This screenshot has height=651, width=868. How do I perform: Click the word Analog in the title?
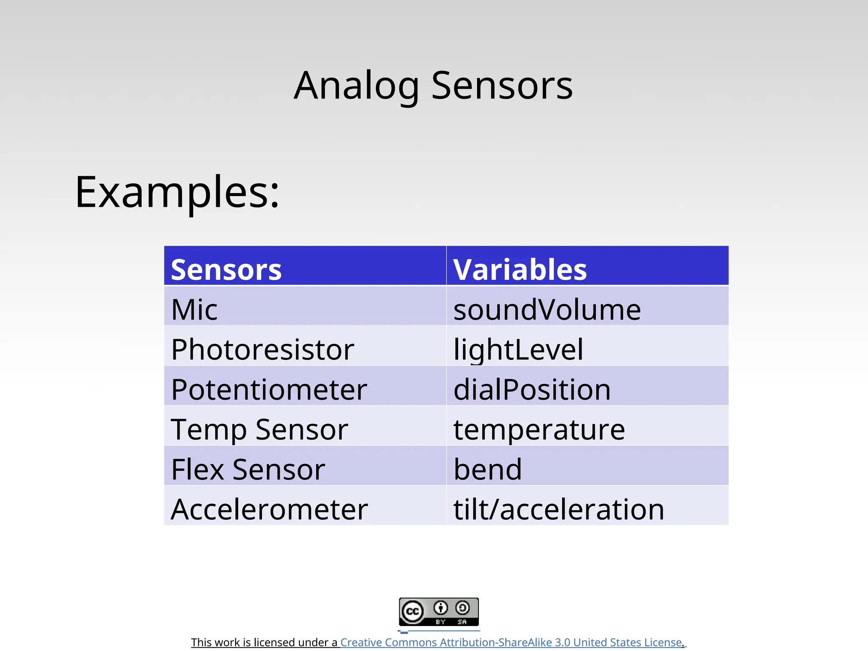(x=356, y=86)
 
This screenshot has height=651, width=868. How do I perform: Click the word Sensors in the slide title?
(x=502, y=86)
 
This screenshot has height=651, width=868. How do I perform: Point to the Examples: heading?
(x=177, y=192)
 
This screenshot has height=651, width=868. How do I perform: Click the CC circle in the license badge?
(x=412, y=612)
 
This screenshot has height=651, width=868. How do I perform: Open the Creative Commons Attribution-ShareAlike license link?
(x=511, y=642)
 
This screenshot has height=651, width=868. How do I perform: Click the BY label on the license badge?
(x=440, y=622)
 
